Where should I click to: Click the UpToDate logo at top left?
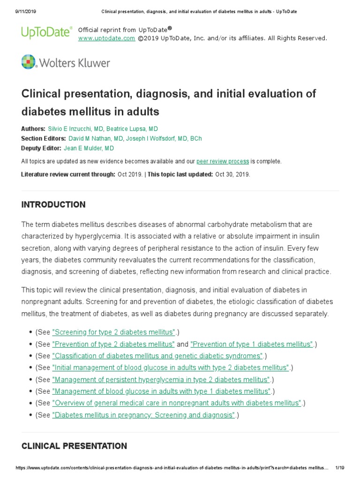pos(46,32)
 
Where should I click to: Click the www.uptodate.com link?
pos(106,38)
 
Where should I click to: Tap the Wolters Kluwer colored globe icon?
pos(29,62)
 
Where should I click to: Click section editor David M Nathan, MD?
pos(95,139)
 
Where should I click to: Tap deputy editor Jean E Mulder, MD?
pos(89,149)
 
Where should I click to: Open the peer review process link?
pos(223,162)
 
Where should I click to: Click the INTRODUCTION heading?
pos(53,205)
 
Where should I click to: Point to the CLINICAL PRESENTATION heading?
pos(74,446)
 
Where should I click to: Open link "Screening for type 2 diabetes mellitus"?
pos(114,332)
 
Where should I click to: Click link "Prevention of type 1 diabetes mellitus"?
pos(252,345)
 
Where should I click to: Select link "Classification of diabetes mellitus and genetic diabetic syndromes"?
pos(157,356)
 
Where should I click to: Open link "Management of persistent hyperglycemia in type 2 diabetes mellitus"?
pos(162,380)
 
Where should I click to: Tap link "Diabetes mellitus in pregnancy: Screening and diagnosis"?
pos(143,415)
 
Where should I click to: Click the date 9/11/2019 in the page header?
pos(19,11)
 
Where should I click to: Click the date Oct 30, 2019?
pos(232,174)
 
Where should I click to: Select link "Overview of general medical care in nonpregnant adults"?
pos(177,403)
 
